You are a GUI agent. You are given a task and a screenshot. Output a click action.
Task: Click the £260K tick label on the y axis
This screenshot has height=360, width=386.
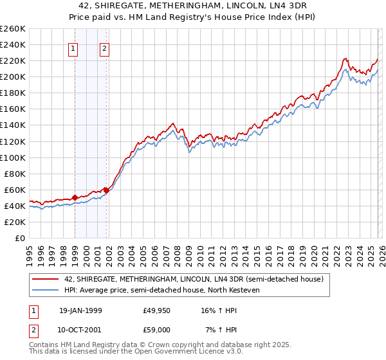pos(13,29)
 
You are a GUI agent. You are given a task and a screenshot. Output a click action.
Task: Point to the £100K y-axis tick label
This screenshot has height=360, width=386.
pos(13,157)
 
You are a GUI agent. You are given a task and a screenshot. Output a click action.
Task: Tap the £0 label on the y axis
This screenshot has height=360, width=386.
pos(19,238)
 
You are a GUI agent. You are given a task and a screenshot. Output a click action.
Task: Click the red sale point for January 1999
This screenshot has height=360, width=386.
pos(75,197)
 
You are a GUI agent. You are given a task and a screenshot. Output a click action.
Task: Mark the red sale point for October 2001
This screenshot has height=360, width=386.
pos(106,190)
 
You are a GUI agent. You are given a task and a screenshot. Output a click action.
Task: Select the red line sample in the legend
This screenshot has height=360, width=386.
pos(46,279)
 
